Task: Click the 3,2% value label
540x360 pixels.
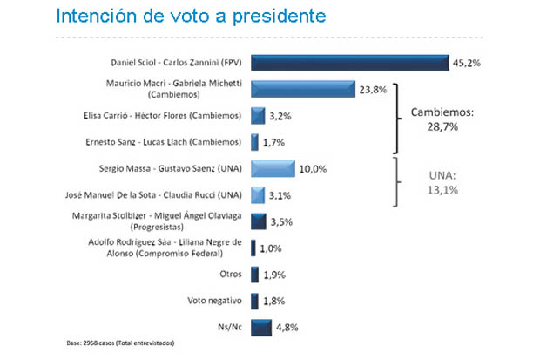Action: pos(281,115)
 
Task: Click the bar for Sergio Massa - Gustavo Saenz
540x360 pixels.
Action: pos(273,168)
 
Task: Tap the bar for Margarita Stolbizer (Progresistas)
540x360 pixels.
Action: pos(258,221)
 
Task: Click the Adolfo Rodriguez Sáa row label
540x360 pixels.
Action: pos(166,248)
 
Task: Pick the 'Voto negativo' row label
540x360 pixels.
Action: pos(214,301)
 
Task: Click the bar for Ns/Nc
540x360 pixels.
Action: pos(260,328)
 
